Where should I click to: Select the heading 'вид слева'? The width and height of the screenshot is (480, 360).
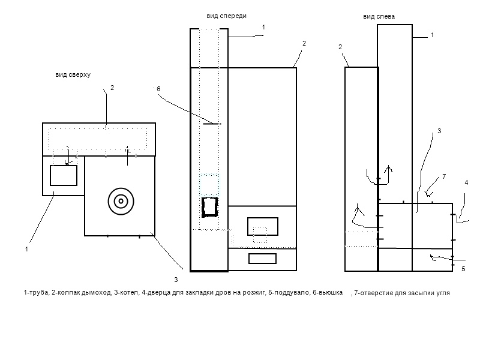tap(379, 17)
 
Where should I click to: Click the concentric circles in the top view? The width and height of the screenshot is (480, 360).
tap(121, 201)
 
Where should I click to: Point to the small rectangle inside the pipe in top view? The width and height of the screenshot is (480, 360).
tap(63, 175)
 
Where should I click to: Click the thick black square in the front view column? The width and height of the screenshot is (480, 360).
tap(210, 207)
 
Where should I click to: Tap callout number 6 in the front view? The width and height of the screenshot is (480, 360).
tap(158, 89)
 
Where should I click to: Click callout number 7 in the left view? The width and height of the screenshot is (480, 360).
tap(444, 176)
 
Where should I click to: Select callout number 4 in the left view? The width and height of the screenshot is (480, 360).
tap(466, 182)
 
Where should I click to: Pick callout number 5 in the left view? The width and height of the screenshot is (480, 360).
tap(463, 269)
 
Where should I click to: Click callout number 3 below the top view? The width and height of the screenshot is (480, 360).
tap(175, 280)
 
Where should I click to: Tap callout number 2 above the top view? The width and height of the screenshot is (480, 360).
tap(112, 88)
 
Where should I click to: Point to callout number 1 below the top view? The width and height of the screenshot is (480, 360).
tap(26, 248)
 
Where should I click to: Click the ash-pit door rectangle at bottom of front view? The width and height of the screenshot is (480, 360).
tap(262, 259)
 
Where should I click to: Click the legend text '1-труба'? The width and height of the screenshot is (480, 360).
tap(35, 293)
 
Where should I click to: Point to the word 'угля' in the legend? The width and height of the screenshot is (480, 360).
tap(441, 293)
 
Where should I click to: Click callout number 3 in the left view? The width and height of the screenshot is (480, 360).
tap(439, 131)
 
